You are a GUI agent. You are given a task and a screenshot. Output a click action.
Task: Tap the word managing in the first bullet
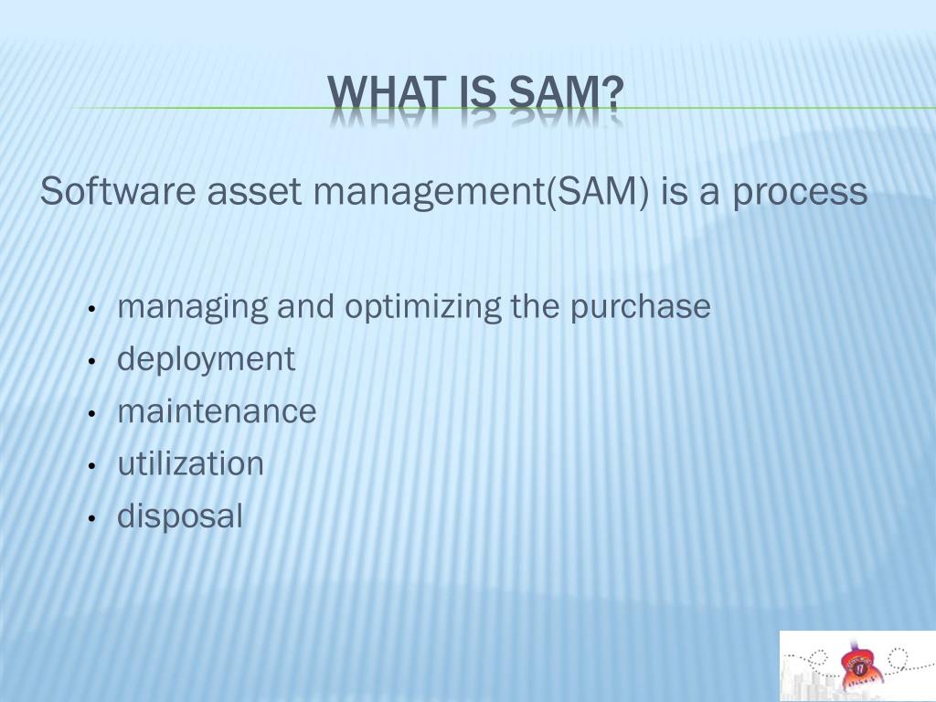193,307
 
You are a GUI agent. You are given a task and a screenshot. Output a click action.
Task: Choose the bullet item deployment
206,359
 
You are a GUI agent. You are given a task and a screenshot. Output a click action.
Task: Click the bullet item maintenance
217,411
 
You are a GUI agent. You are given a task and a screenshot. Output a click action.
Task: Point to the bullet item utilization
190,464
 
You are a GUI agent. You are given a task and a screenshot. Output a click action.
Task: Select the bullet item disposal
180,516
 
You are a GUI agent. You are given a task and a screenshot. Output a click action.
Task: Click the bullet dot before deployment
93,362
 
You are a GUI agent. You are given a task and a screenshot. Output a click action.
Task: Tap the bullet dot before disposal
93,519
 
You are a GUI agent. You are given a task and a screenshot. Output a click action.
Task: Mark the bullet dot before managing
93,310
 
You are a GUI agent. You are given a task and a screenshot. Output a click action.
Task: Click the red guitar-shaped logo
856,662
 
